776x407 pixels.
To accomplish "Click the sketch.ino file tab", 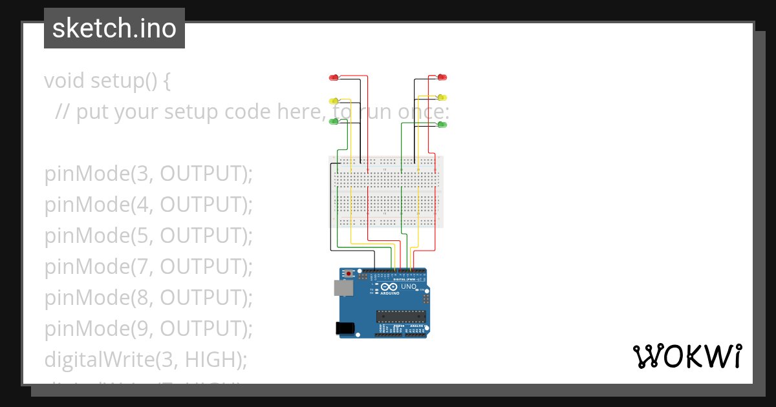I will (114, 28).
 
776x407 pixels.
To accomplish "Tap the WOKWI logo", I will (686, 356).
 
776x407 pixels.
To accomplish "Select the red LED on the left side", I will (334, 78).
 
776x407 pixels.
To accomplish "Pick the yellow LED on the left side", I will (334, 101).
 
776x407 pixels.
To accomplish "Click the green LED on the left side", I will (334, 121).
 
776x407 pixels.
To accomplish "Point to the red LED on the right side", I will (442, 78).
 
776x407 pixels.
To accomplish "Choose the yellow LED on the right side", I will (442, 98).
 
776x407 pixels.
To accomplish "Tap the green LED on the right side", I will (442, 123).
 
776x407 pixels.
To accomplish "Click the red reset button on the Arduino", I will (349, 274).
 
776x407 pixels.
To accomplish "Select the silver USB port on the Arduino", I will (343, 288).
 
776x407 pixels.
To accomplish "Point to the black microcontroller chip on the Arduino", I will (402, 316).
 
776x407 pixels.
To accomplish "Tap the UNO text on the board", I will (409, 286).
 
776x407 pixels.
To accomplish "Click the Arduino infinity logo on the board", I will (389, 287).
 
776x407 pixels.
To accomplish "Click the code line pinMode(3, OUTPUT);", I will (148, 174).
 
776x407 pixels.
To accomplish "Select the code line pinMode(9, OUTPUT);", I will (148, 329).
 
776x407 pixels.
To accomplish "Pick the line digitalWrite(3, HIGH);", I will (145, 359).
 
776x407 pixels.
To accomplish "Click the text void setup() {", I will (107, 81).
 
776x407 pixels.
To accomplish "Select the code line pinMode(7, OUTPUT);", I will (148, 267).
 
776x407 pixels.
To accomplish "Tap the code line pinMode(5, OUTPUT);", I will (148, 236).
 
